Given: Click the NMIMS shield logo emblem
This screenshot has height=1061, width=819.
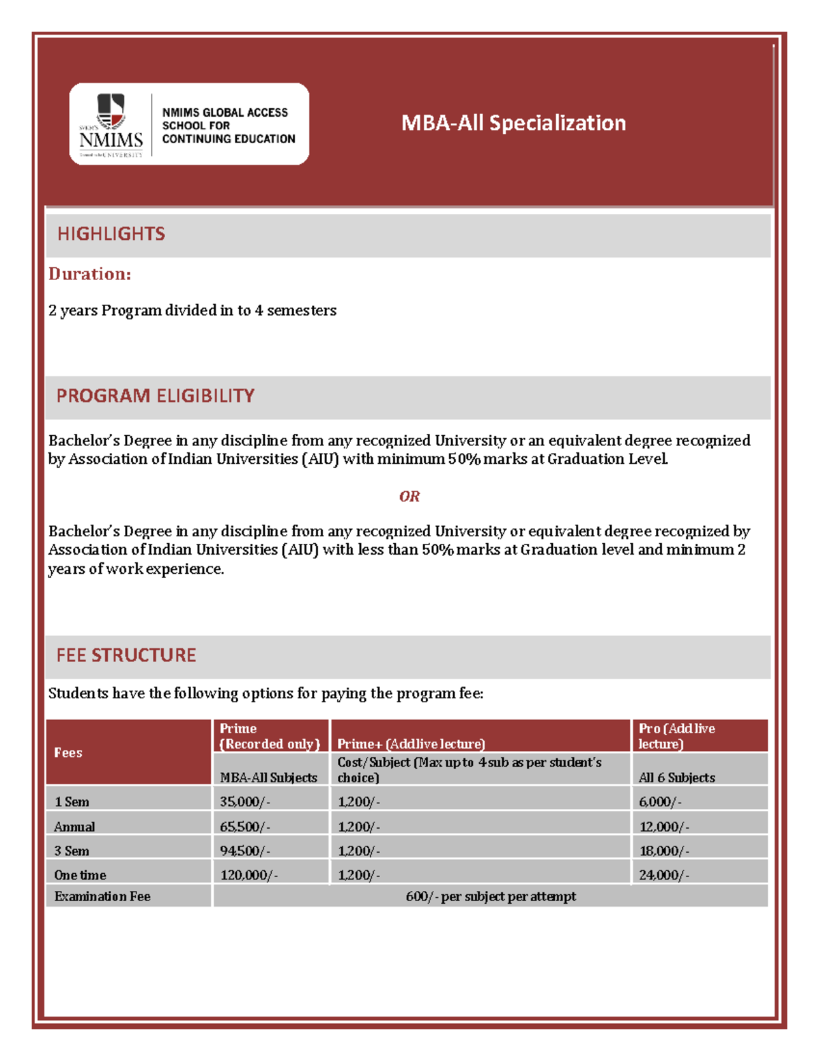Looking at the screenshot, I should tap(111, 111).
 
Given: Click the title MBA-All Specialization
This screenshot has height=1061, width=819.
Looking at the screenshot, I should tap(513, 123).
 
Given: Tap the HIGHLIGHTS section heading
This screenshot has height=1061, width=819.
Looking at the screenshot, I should tap(111, 234).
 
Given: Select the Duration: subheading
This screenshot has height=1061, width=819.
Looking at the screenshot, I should tap(89, 274).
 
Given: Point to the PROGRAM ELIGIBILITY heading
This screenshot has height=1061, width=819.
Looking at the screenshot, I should tap(155, 396).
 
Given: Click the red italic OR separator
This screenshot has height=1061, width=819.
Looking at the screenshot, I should tap(409, 497).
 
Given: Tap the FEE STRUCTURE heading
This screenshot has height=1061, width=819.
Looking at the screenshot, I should tap(126, 656).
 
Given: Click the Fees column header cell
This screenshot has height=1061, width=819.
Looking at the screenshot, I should tap(68, 753).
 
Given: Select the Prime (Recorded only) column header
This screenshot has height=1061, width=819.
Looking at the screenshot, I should tap(270, 736).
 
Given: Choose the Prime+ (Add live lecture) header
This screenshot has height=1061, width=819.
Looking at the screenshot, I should tap(411, 744).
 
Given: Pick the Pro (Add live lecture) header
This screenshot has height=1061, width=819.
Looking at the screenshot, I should tap(676, 736).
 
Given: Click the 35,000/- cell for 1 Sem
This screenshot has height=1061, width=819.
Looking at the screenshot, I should tap(245, 802).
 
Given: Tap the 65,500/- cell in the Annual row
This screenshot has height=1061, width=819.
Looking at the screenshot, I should tap(245, 827).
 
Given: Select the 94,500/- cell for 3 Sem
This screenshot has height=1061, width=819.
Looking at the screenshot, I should tap(245, 851).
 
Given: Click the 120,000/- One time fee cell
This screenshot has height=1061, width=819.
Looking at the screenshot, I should tap(248, 875).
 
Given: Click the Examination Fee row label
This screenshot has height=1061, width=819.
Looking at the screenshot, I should tap(102, 896).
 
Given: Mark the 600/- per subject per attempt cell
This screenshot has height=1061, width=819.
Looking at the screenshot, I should tap(490, 896).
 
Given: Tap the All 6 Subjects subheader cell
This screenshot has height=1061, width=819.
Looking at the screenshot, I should tap(676, 777).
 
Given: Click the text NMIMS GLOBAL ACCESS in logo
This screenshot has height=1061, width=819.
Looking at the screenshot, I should tap(225, 113).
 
